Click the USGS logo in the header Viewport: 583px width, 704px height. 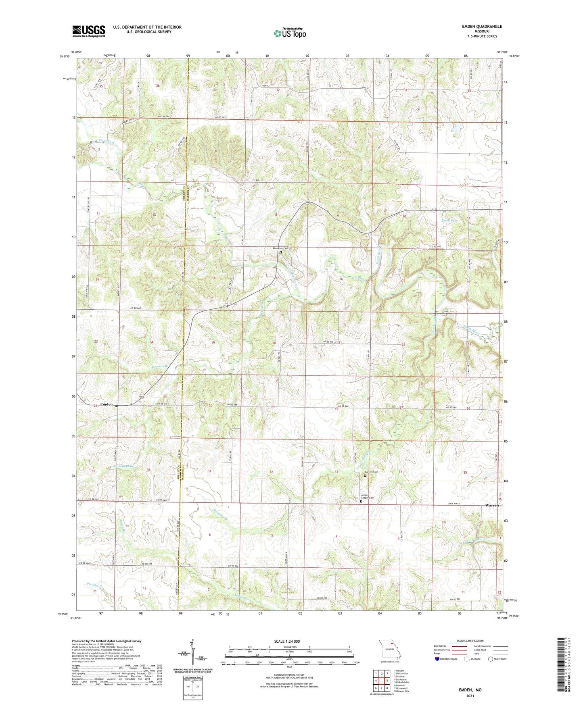(88, 31)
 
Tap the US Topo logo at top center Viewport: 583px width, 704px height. (289, 33)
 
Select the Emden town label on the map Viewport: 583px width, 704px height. (106, 404)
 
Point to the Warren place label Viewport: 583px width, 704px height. (491, 505)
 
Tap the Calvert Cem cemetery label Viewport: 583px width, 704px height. (371, 472)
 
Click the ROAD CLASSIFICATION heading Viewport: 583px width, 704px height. (470, 641)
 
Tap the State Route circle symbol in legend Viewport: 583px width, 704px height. (491, 659)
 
